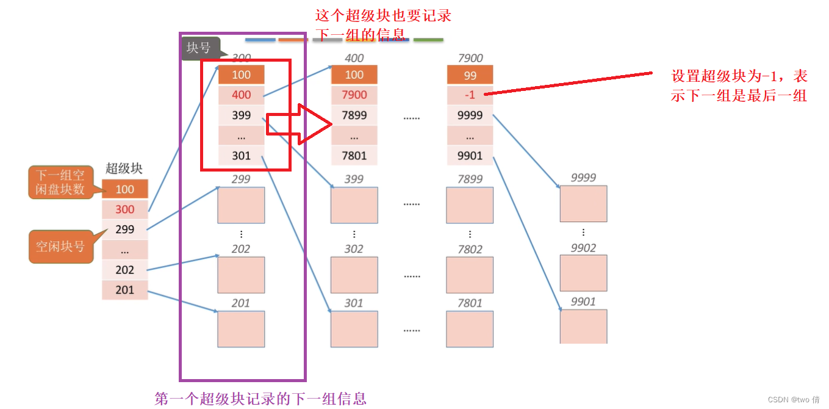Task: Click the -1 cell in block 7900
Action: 470,95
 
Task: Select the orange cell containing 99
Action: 470,75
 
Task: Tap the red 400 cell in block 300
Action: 241,95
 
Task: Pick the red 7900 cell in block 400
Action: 354,95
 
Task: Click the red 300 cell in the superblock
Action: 124,209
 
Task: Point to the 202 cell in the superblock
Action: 124,270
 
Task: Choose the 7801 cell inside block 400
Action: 354,156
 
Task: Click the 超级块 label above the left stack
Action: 124,169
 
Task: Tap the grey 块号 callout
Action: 199,48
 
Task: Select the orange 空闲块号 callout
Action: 60,246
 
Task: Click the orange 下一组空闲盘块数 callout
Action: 60,182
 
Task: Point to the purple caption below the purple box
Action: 260,399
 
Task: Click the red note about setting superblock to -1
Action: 739,85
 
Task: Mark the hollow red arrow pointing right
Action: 300,124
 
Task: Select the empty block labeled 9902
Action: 583,273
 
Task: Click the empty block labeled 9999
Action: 583,203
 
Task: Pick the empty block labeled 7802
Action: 470,274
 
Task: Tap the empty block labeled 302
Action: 354,274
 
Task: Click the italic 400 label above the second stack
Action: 354,58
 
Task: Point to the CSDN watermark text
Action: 793,399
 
